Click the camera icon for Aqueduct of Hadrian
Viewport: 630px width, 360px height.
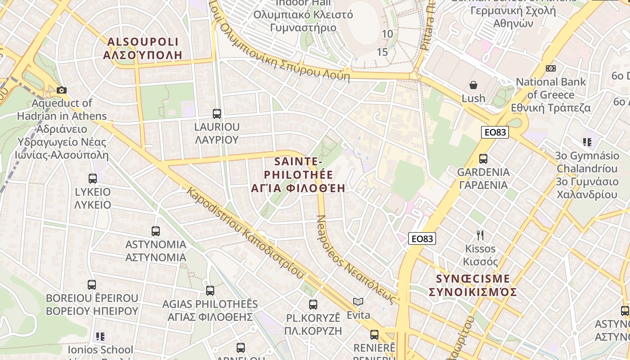62,90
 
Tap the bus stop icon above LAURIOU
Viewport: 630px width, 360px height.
217,113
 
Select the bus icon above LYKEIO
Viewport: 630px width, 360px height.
93,178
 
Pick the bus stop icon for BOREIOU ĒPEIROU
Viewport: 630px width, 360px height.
92,284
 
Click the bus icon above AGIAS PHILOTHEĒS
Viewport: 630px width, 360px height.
210,290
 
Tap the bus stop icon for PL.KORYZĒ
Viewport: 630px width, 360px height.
313,304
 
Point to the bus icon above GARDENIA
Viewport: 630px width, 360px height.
483,158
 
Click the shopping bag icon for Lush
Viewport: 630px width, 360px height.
473,85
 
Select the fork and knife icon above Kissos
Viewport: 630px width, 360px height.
480,235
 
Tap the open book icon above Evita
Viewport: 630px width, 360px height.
358,301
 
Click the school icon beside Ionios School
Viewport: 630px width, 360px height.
100,336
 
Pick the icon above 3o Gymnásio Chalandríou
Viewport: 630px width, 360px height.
587,142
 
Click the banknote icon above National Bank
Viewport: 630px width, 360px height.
551,68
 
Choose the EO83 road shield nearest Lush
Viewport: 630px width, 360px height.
495,132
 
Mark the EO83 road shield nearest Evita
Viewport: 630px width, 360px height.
422,238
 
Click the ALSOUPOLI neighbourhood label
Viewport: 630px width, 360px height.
143,48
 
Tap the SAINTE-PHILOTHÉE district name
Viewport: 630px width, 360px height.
298,175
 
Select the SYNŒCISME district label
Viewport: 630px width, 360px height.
473,285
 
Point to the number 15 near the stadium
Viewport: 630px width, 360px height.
382,52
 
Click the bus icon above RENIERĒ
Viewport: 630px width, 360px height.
374,334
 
